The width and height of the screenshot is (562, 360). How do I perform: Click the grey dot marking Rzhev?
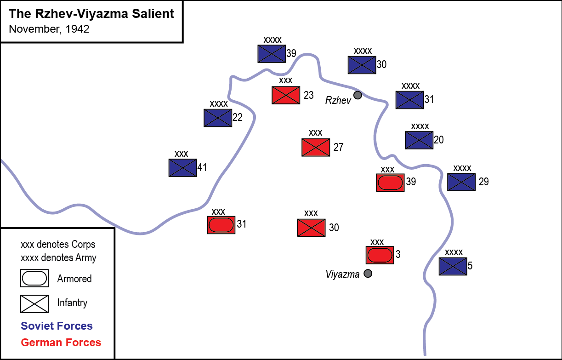tap(358, 95)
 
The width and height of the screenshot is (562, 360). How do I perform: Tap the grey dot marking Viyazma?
tap(368, 274)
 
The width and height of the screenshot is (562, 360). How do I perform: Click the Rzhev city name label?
tap(338, 100)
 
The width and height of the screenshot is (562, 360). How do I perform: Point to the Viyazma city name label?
tap(342, 275)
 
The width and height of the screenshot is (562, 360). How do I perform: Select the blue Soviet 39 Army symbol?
tap(272, 53)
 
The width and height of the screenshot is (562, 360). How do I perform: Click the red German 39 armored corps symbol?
tap(390, 183)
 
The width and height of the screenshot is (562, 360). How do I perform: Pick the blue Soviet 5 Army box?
tap(453, 266)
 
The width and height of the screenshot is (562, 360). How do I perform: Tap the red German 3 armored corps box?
tap(380, 255)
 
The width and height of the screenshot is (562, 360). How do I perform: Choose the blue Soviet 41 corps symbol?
tap(182, 168)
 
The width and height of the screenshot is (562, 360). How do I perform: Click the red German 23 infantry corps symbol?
tap(285, 95)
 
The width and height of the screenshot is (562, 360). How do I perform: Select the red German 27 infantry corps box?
tap(316, 147)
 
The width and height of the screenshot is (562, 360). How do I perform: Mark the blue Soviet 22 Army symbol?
tap(218, 118)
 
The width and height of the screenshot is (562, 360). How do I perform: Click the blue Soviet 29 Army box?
tap(461, 182)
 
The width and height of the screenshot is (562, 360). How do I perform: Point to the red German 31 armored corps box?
tap(221, 225)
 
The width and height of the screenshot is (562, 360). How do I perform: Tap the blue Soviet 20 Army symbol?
tap(419, 140)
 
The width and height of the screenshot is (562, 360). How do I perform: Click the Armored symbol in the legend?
tap(34, 278)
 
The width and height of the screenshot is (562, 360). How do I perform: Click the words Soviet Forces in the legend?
tap(57, 326)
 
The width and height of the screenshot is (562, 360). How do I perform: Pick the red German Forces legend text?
tap(61, 343)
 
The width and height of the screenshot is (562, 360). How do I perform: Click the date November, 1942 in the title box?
tap(49, 29)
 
